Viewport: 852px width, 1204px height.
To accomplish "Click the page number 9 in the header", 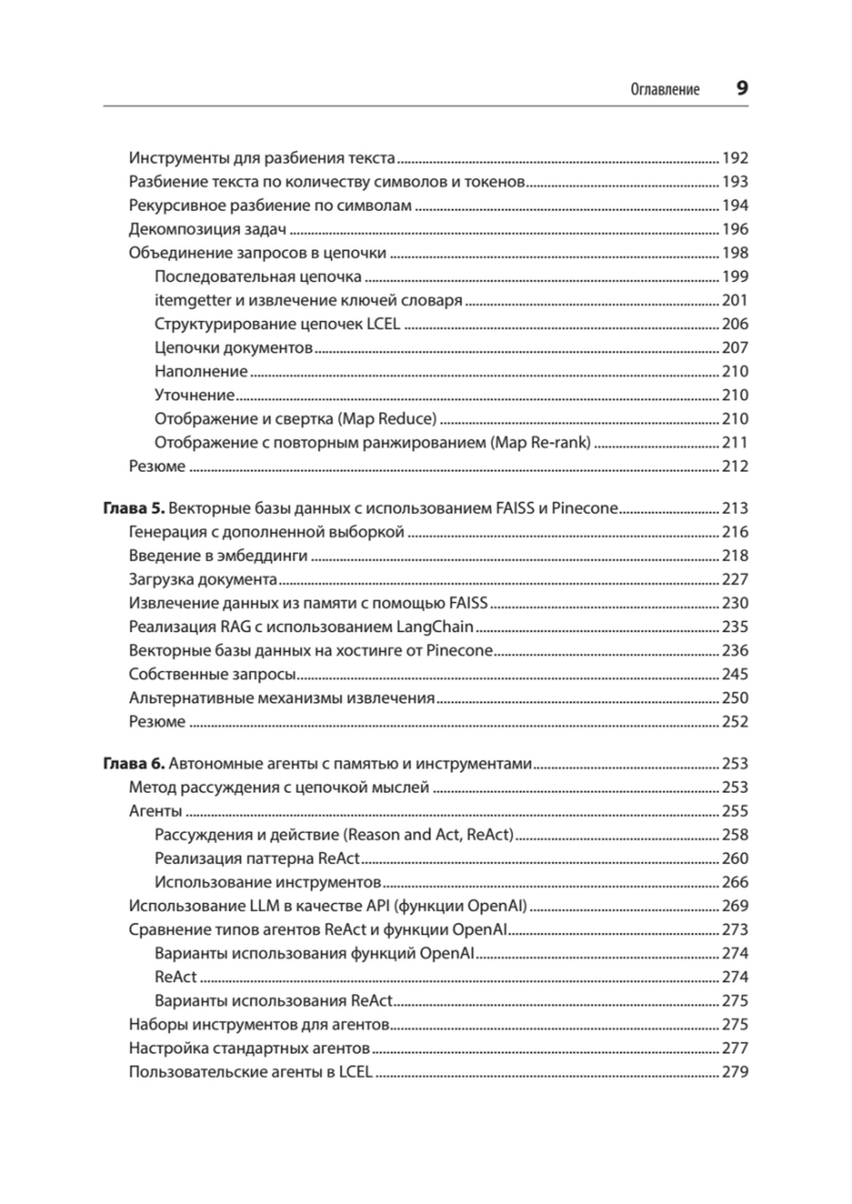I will [x=742, y=89].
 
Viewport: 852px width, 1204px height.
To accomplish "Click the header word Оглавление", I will [x=665, y=90].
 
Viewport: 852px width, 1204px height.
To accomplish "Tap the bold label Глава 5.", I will [x=134, y=508].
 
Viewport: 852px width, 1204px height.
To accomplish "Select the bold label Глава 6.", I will [x=134, y=763].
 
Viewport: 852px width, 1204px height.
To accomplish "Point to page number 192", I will [x=734, y=158].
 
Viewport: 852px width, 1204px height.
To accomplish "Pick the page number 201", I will [x=734, y=300].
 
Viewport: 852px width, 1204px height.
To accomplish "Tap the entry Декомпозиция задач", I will [x=207, y=229].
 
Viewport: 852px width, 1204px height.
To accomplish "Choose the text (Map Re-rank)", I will [x=540, y=442].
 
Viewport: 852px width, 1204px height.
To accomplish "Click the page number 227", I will [x=734, y=579].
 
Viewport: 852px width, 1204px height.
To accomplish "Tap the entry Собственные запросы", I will [x=212, y=674].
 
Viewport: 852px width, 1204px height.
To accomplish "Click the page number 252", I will [x=734, y=721].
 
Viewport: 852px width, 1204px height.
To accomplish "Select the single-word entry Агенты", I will [x=155, y=810].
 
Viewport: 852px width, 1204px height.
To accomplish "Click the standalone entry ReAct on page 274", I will [x=176, y=976].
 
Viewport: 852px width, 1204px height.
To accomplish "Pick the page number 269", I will [x=734, y=905].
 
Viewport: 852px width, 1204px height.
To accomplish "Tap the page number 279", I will [x=734, y=1072].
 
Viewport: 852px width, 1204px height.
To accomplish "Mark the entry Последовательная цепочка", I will [x=258, y=277].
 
